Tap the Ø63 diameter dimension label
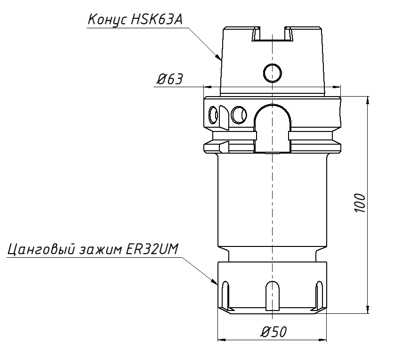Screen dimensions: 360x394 (169, 79)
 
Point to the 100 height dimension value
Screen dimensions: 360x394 (360, 203)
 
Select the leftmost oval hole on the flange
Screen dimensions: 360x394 (213, 114)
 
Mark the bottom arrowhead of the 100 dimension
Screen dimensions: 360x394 (368, 308)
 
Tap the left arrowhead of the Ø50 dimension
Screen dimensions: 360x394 (221, 339)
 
